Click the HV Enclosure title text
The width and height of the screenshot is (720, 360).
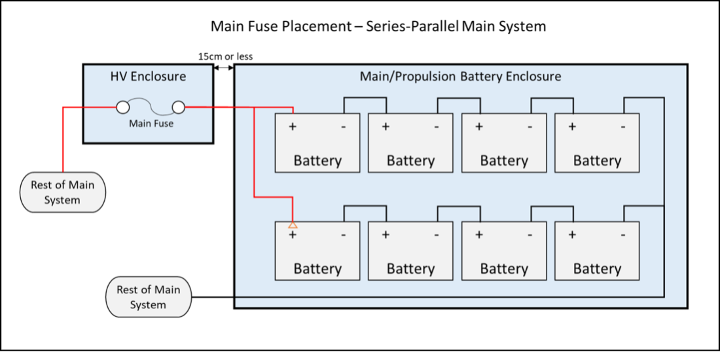click(x=148, y=77)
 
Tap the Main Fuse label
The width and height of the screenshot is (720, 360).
click(x=151, y=123)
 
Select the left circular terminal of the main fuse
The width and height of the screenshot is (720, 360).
click(x=122, y=107)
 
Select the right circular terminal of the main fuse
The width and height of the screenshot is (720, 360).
click(x=178, y=107)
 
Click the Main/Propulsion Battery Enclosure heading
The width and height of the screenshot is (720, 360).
click(x=460, y=77)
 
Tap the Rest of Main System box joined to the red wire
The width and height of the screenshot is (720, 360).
click(x=62, y=192)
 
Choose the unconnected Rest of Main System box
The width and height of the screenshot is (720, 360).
click(x=148, y=297)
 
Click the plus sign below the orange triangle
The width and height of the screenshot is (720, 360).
click(x=293, y=234)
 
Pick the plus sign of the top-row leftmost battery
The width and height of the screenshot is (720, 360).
click(x=293, y=126)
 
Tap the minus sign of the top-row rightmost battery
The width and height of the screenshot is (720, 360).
click(x=622, y=126)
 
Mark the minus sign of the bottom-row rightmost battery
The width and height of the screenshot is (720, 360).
click(x=622, y=234)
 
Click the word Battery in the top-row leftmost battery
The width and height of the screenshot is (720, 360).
click(x=317, y=160)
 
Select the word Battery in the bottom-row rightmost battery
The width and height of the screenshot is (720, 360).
click(x=597, y=268)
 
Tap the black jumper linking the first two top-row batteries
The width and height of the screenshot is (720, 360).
click(x=365, y=98)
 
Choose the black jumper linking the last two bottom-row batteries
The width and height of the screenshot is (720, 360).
click(x=552, y=206)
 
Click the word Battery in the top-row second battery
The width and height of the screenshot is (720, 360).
click(x=410, y=160)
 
